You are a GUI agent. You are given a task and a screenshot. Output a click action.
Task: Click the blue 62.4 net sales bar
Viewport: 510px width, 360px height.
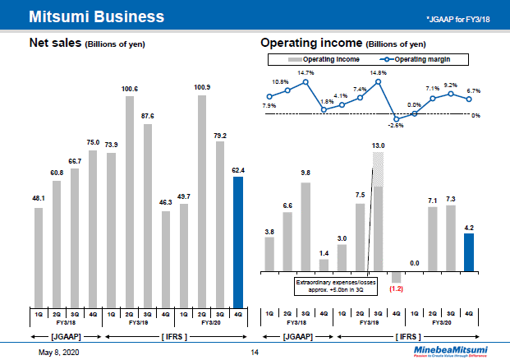[x=238, y=241]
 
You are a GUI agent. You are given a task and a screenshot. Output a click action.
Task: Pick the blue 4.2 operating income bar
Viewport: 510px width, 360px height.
[x=468, y=252]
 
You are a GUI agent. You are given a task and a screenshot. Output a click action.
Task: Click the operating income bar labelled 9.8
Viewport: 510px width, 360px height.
[x=306, y=226]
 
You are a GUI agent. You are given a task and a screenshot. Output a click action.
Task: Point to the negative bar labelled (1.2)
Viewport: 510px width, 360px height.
[x=396, y=277]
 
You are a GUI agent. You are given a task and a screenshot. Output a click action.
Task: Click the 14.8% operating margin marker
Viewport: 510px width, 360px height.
[x=379, y=81]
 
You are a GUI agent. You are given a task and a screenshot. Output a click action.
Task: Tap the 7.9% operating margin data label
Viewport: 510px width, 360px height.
[x=269, y=106]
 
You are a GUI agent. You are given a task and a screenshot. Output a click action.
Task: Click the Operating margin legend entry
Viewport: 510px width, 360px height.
[x=419, y=59]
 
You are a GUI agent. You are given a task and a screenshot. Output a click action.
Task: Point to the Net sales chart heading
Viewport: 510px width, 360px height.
[x=87, y=43]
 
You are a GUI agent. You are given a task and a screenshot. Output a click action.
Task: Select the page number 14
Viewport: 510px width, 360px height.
[x=254, y=352]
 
